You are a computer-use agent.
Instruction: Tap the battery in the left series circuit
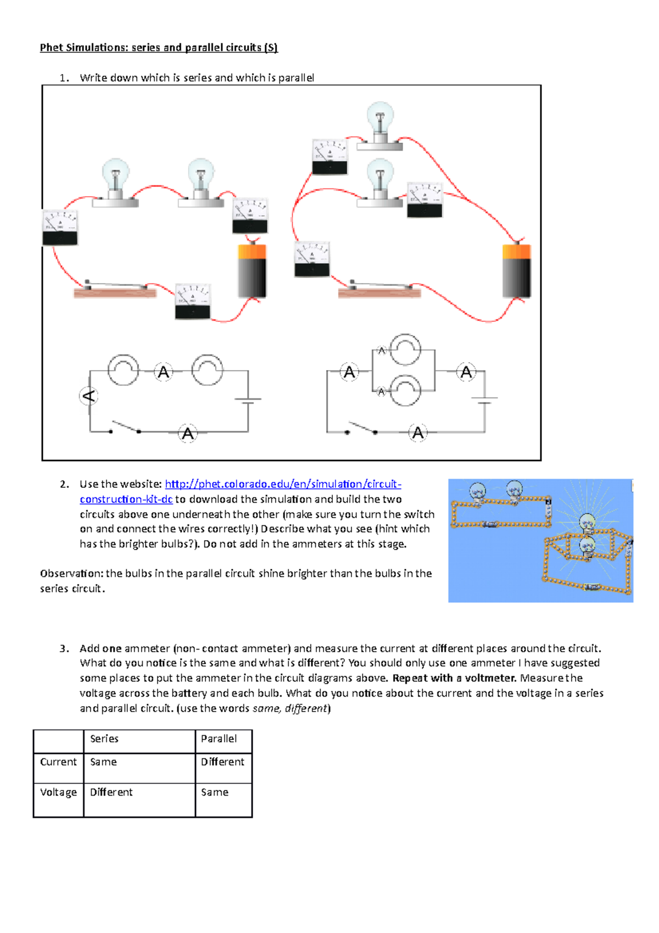252,271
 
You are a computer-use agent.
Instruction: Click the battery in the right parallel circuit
517,270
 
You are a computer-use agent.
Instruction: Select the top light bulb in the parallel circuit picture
380,124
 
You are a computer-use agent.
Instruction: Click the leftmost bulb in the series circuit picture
115,181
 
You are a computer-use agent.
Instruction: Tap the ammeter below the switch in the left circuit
193,302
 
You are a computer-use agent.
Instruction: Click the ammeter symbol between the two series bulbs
164,372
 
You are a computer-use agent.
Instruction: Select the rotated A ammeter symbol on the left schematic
89,396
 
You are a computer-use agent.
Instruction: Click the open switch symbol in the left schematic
125,428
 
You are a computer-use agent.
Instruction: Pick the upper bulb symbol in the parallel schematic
405,349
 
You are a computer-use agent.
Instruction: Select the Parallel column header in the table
219,739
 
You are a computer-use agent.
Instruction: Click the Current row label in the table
58,762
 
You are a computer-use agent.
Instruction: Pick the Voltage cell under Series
111,792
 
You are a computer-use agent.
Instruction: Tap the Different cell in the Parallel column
222,762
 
